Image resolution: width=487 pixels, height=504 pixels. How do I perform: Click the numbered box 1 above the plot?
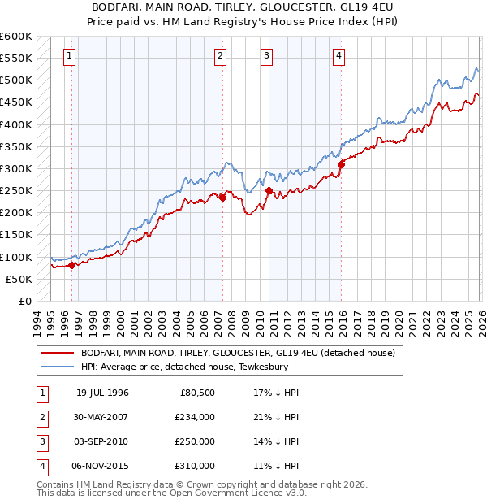tap(71, 56)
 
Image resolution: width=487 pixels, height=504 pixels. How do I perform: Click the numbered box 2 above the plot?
tap(221, 56)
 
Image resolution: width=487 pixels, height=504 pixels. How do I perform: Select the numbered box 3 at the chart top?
tap(266, 56)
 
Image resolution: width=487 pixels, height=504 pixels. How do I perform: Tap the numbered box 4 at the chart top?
tap(338, 56)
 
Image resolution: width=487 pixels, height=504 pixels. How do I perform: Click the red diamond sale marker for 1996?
tap(71, 264)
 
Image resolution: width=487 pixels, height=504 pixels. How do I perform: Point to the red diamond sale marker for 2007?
tap(222, 197)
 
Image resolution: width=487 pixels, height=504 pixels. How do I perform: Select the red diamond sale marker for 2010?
tap(268, 190)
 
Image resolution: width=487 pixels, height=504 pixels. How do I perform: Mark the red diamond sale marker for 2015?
tap(341, 164)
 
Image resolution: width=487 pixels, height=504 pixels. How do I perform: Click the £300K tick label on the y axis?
tap(16, 168)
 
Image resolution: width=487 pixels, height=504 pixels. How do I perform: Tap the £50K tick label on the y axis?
tap(19, 279)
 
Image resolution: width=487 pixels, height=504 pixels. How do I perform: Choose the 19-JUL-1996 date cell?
tap(102, 393)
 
